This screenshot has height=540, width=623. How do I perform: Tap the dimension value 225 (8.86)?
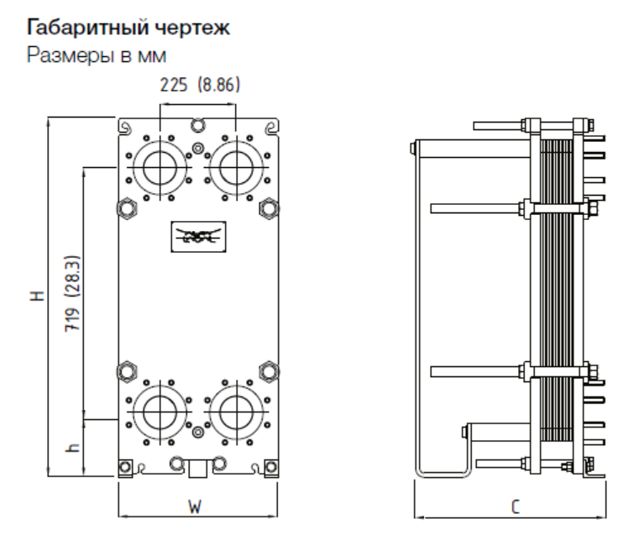click(x=197, y=85)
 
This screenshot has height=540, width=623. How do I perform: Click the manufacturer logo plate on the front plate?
click(x=196, y=238)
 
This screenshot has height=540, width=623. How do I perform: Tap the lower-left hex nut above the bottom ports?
click(x=128, y=370)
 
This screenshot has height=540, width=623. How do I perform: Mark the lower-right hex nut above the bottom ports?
click(x=269, y=370)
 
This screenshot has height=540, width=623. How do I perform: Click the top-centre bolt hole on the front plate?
click(x=196, y=126)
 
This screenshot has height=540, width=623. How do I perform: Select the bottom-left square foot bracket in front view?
click(x=126, y=467)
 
